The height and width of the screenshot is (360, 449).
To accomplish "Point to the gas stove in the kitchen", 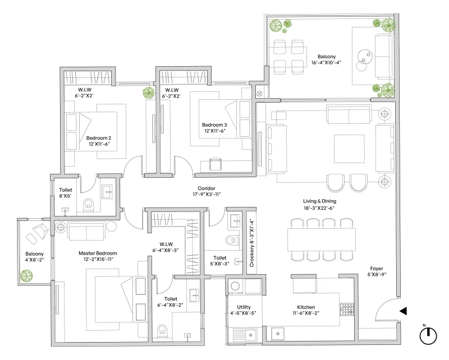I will point(347,308).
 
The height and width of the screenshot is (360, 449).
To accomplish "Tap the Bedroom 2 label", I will point(99,141).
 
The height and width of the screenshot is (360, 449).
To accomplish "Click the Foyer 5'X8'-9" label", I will point(377,271).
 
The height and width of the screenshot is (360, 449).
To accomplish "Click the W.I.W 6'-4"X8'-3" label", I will point(164,247).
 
